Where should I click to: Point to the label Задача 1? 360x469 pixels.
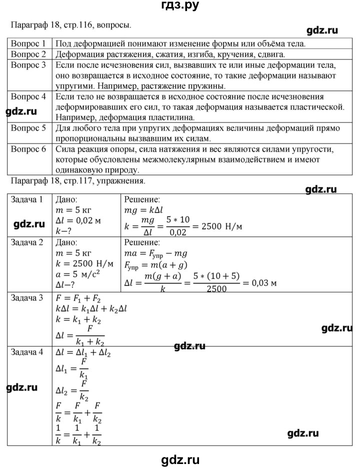(x=27, y=200)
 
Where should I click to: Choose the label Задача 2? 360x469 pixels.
(x=27, y=242)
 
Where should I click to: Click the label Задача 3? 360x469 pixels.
(x=27, y=298)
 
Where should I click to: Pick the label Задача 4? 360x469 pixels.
(x=27, y=351)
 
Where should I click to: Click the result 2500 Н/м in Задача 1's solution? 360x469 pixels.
(x=221, y=226)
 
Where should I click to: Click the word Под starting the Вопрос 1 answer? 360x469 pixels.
(x=63, y=43)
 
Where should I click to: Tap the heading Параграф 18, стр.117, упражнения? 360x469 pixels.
(x=77, y=181)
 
